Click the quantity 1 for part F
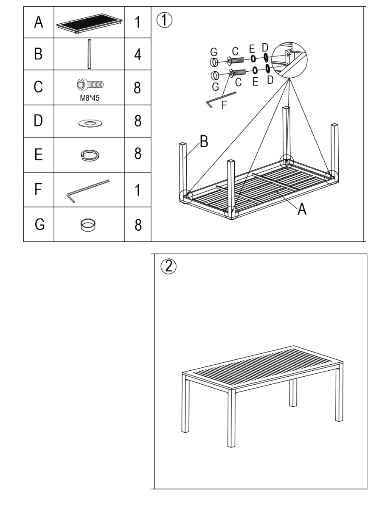[x=137, y=190]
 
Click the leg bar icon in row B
[x=89, y=54]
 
